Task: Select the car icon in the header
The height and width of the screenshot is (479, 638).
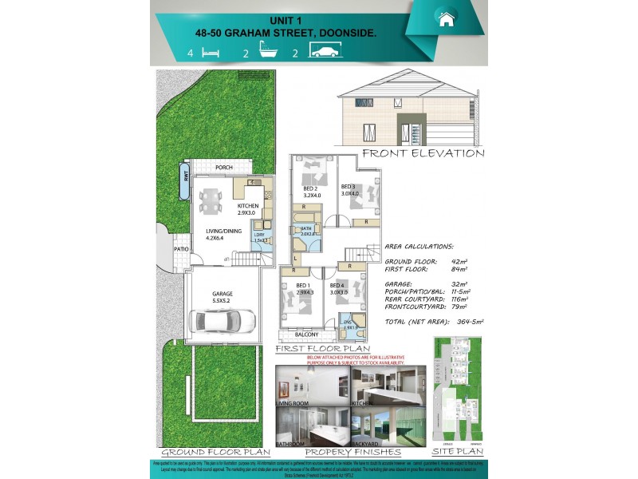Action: pyautogui.click(x=326, y=53)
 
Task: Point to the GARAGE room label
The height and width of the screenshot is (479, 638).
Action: pyautogui.click(x=222, y=292)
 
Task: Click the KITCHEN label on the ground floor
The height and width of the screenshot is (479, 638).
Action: pyautogui.click(x=247, y=206)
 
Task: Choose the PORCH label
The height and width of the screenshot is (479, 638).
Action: pyautogui.click(x=224, y=167)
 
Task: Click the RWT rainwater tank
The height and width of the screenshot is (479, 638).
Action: pyautogui.click(x=185, y=176)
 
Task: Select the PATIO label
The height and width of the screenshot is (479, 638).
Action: pyautogui.click(x=181, y=248)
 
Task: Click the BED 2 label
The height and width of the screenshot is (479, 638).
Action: pyautogui.click(x=312, y=187)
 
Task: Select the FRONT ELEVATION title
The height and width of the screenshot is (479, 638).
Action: pyautogui.click(x=423, y=152)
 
